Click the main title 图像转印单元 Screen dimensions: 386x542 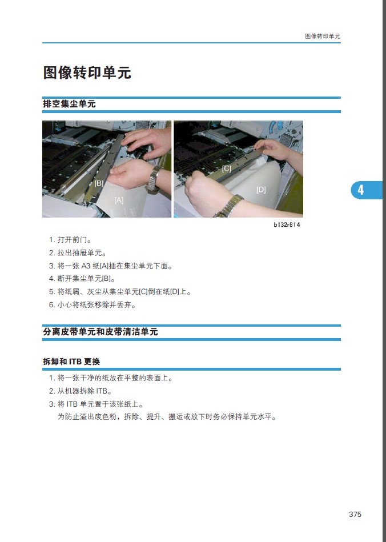[87, 73]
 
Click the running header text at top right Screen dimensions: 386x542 [323, 37]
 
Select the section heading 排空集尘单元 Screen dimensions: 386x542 [69, 104]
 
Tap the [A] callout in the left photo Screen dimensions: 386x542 [119, 200]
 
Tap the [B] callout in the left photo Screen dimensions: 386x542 [99, 183]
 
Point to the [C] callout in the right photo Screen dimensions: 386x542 [226, 168]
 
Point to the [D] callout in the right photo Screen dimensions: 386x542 [261, 190]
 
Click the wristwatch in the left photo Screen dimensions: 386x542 [154, 178]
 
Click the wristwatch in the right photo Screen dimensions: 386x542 [229, 206]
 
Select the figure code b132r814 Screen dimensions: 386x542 [287, 224]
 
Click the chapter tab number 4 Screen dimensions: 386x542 [360, 190]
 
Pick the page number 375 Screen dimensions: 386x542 [355, 515]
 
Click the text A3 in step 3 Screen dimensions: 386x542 [86, 266]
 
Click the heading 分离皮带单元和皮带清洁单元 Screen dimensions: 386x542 [100, 332]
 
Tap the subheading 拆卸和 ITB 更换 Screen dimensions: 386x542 [71, 362]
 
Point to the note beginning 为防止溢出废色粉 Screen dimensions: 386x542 [167, 417]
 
